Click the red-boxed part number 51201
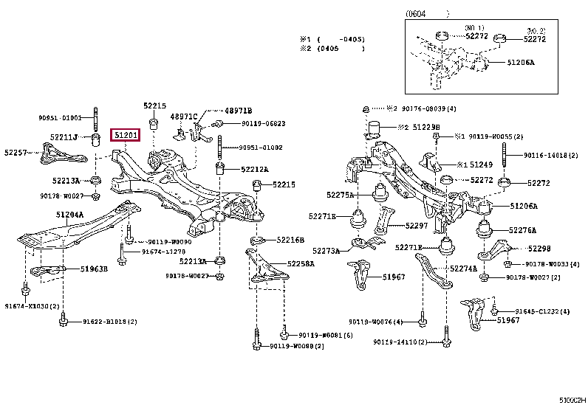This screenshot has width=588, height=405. [125, 135]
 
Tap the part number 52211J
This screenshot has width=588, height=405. [65, 136]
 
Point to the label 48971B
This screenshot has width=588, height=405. [239, 110]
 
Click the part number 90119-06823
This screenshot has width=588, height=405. [263, 123]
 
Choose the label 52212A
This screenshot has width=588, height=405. [254, 169]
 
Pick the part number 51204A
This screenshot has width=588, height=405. [69, 215]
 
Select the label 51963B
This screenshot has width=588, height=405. [94, 269]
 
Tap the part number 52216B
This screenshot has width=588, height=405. [290, 240]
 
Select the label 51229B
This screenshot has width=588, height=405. [426, 127]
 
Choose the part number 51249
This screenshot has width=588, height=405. [481, 165]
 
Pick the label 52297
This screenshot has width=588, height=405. [417, 226]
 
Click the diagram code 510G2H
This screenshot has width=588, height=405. [571, 399]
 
